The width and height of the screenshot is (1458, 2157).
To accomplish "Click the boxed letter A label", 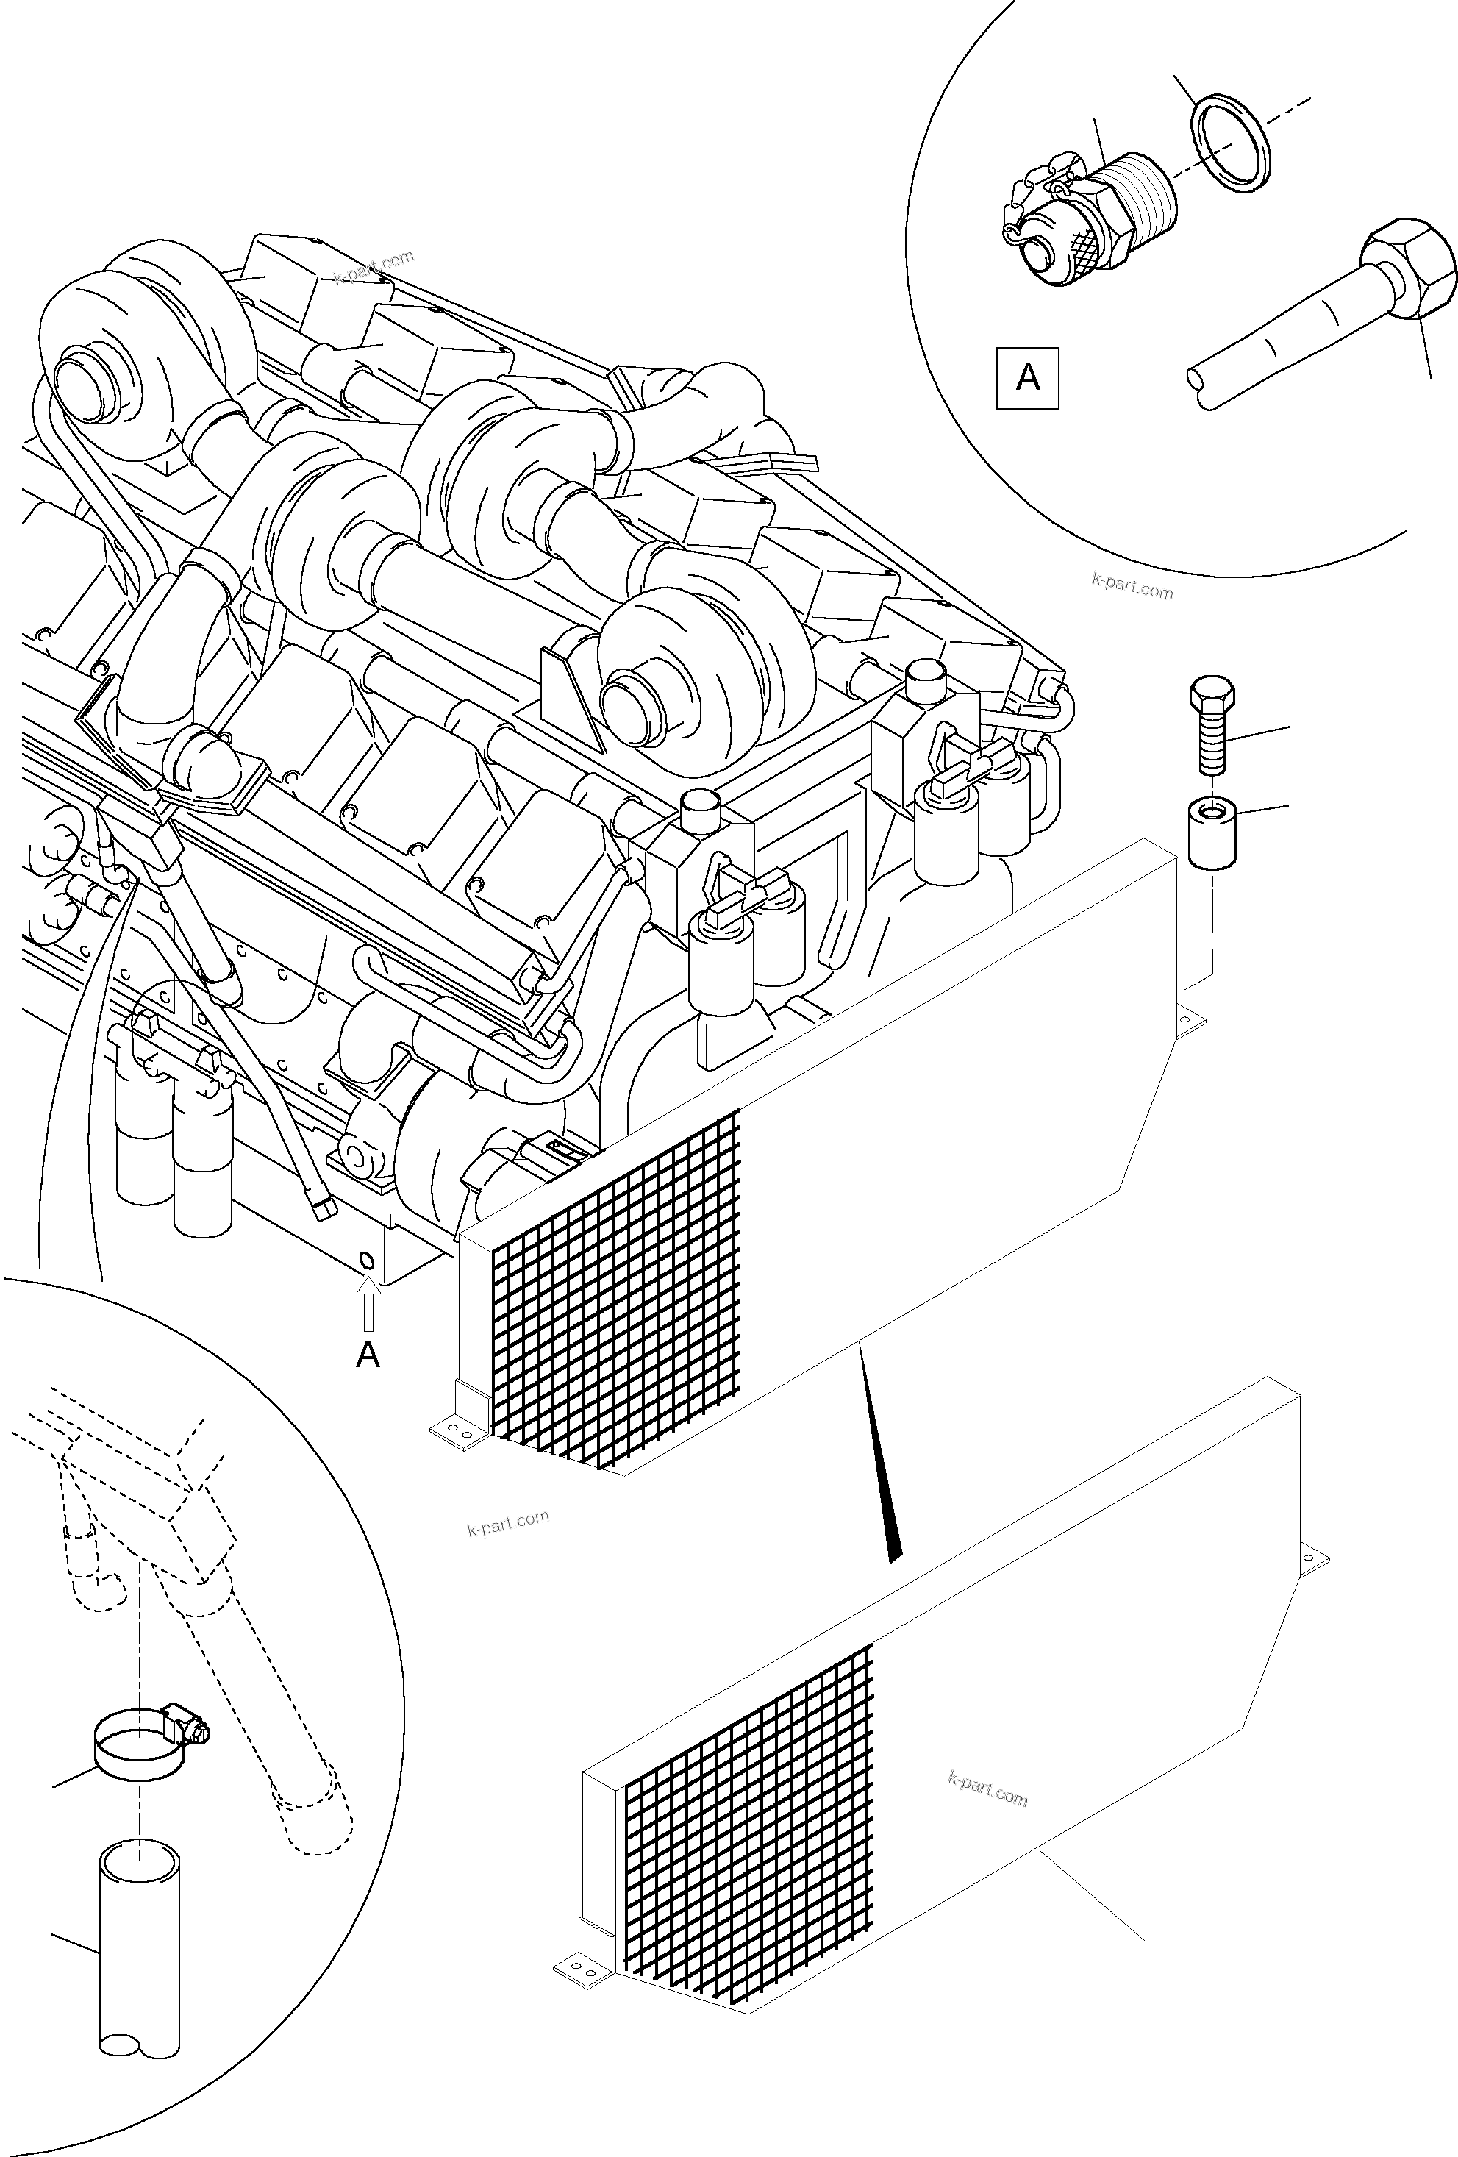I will click(x=1027, y=378).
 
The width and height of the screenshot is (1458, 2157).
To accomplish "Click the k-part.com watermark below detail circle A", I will click(x=1132, y=588).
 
